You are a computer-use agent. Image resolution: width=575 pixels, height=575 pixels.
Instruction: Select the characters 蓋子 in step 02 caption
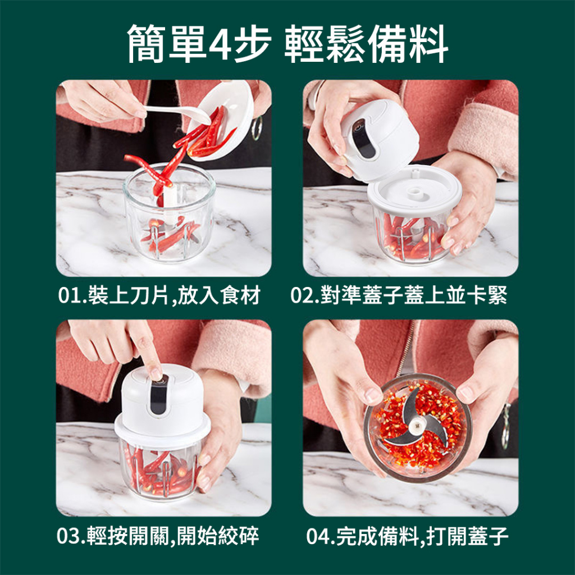click(383, 295)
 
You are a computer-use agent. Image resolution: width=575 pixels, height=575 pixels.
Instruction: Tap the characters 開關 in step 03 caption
click(148, 536)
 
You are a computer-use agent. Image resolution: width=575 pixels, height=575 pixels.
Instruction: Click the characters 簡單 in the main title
click(166, 44)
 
